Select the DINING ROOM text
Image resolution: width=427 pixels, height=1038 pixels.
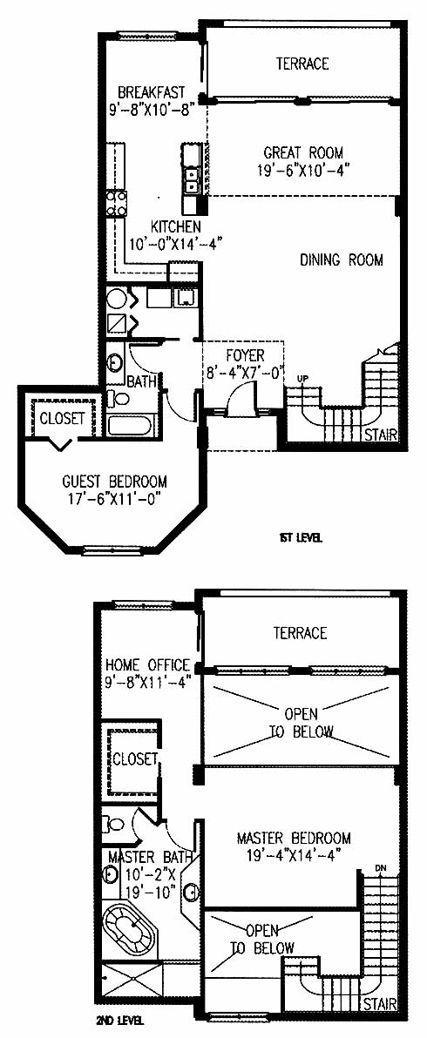tap(342, 260)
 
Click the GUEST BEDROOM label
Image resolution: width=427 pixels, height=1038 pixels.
tap(114, 482)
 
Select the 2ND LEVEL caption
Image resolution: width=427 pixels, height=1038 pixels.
tap(120, 1020)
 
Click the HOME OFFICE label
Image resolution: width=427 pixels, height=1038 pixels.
tap(148, 664)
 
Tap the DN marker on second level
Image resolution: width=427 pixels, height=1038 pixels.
tap(379, 868)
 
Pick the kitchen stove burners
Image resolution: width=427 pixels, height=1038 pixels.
tap(117, 203)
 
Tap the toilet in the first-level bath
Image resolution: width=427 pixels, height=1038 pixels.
tap(118, 399)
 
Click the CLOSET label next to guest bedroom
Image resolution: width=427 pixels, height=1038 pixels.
tap(62, 418)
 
